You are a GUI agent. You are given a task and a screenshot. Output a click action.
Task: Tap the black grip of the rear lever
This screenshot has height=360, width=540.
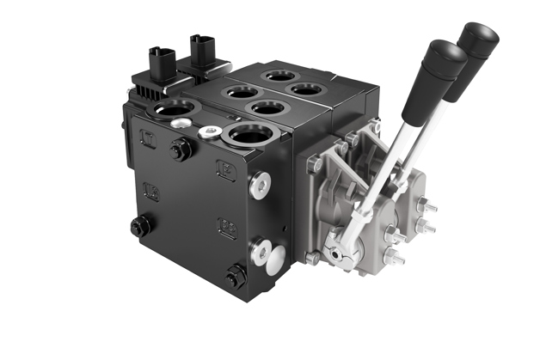point(478,40)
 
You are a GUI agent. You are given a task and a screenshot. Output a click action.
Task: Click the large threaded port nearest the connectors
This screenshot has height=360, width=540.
point(176,110)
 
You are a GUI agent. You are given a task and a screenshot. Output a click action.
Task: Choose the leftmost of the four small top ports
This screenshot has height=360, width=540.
point(239,92)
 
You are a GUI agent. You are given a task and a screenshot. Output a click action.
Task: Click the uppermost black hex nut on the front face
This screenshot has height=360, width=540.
point(181,151)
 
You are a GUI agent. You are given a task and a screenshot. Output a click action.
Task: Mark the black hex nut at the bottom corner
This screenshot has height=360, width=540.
point(235,278)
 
